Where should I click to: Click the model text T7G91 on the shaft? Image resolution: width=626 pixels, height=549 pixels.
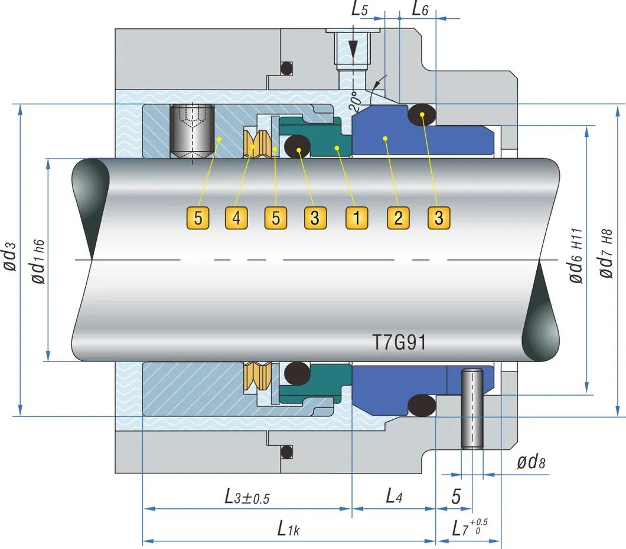click(399, 343)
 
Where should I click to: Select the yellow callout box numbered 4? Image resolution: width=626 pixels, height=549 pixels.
click(236, 219)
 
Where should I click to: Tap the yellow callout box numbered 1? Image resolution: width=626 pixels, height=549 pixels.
click(356, 219)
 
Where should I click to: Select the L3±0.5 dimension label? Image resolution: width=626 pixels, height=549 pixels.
click(247, 497)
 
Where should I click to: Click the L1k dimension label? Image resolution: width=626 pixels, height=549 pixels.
click(289, 528)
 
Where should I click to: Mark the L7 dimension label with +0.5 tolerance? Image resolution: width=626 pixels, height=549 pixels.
click(470, 527)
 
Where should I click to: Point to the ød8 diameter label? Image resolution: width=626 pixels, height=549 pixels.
click(531, 462)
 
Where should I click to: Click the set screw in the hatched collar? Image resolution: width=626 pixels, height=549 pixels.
click(191, 131)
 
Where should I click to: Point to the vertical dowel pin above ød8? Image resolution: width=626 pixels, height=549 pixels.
click(472, 407)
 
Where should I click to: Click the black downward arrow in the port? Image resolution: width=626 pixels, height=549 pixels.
click(353, 48)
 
